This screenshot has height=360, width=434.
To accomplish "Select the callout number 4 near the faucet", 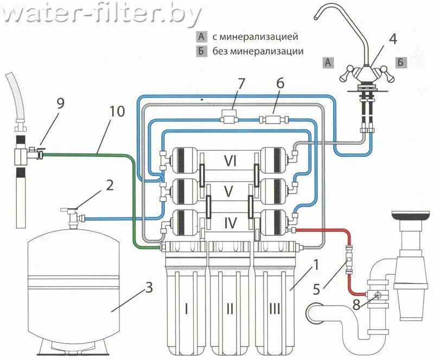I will coord(393,38).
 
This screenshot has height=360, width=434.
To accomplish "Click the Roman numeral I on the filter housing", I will coord(186,308).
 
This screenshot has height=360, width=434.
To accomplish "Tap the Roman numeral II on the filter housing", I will coord(230,308).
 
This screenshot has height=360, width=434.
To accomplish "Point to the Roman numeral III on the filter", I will coord(274,308).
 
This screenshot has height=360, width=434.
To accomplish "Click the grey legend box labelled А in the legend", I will coord(202,37).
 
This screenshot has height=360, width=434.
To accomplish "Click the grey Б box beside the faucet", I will coord(400,63).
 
